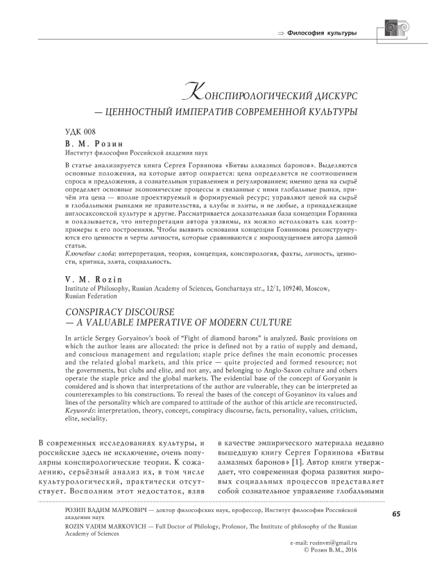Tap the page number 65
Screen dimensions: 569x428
click(396, 513)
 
